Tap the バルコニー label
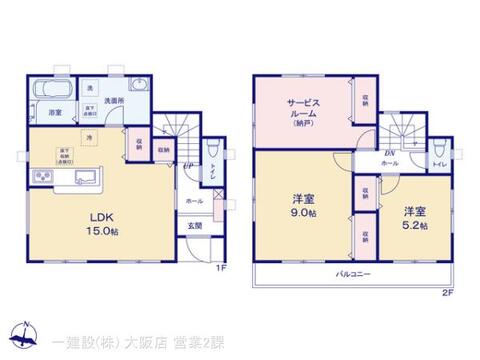(x=349, y=272)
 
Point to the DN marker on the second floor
(x=388, y=153)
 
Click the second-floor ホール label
(x=390, y=163)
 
